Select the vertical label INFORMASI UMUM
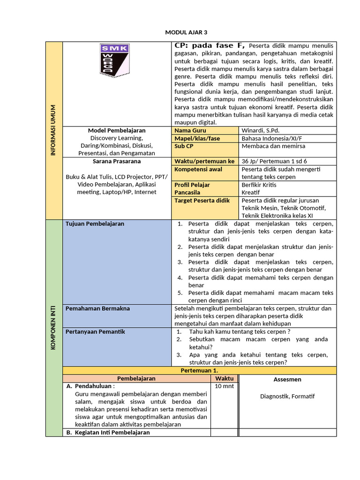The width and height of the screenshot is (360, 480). tap(54, 130)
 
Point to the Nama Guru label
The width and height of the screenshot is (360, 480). tap(190, 130)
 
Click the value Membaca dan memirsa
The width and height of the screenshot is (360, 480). tap(273, 146)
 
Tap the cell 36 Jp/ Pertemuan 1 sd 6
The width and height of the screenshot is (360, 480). tap(274, 161)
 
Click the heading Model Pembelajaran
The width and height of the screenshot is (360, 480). tap(117, 130)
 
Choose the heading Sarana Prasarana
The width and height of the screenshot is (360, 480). tap(117, 161)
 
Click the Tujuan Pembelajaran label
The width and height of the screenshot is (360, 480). tap(95, 224)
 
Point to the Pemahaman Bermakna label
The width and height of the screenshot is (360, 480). tap(97, 308)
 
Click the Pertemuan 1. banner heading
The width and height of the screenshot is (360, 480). tap(199, 370)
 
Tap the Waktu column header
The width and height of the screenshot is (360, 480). tap(225, 378)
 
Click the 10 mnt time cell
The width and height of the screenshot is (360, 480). tap(225, 386)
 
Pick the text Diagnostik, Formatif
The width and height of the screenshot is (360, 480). tap(287, 396)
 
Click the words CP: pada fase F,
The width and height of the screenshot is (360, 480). tap(210, 45)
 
